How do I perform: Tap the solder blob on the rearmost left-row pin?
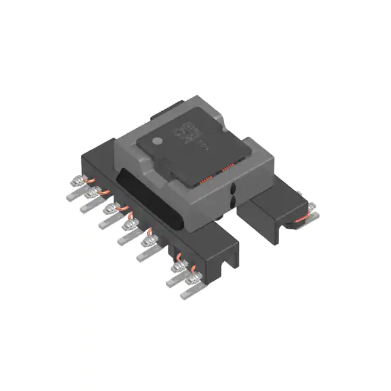tap(78, 181)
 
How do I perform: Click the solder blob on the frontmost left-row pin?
tap(195, 279)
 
